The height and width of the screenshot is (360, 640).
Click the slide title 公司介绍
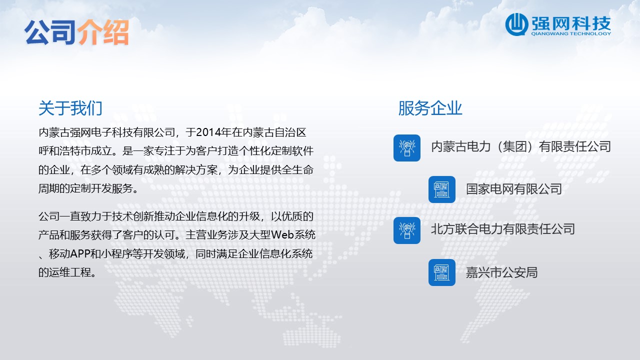pos(76,32)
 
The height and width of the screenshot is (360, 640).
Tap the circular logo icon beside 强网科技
pos(516,24)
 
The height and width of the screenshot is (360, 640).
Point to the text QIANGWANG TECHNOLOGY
pos(571,33)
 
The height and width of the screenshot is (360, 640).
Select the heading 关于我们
pos(70,108)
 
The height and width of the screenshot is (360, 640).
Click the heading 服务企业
pos(430,108)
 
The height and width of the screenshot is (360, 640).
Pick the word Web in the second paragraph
pos(282,234)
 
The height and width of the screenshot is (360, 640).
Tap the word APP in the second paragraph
pos(79,253)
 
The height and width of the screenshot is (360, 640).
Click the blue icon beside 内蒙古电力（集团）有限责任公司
pos(407,148)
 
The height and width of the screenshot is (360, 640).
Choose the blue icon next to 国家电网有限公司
pos(441,189)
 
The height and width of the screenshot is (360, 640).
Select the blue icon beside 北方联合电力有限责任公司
pos(407,230)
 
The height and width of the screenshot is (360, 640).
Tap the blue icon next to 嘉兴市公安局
pos(441,272)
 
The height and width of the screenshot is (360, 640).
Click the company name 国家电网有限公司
pos(513,189)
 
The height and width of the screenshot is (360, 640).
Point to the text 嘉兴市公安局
pos(501,272)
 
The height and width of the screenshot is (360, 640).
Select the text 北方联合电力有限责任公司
pos(503,229)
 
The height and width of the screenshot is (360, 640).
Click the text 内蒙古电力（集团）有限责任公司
pos(521,147)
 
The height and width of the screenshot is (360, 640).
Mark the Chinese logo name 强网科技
pos(571,23)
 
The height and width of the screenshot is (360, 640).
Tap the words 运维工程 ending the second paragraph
pos(69,272)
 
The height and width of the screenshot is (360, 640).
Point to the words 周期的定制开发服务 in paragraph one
pos(85,188)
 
